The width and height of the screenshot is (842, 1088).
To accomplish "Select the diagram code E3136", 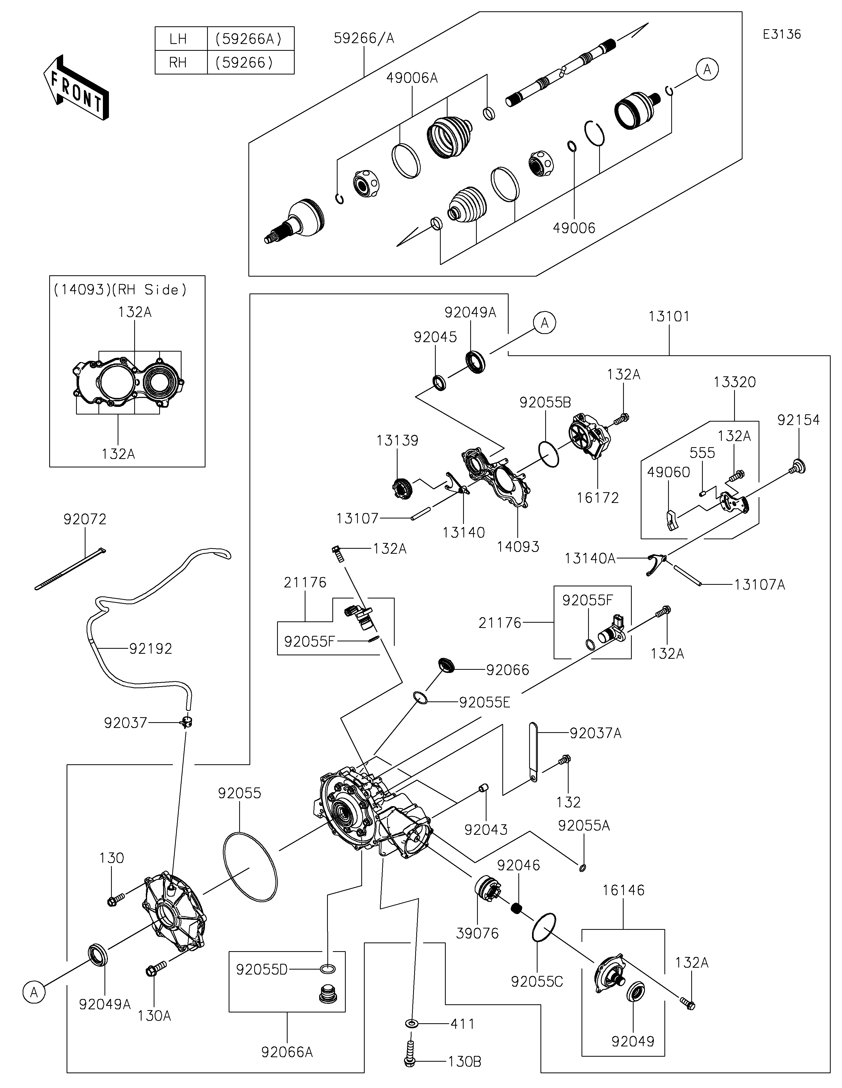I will pyautogui.click(x=782, y=34).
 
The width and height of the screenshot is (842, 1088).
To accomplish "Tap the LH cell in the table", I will pyautogui.click(x=178, y=39).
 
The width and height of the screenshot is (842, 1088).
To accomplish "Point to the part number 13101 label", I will pyautogui.click(x=669, y=316).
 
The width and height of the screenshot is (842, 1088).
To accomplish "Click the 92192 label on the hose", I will pyautogui.click(x=150, y=648).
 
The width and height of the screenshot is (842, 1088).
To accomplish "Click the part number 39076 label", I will pyautogui.click(x=477, y=933).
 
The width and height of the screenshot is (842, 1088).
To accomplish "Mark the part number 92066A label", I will pyautogui.click(x=287, y=1052).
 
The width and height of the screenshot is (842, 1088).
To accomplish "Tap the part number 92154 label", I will pyautogui.click(x=798, y=420).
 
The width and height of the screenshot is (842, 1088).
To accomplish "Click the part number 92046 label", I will pyautogui.click(x=518, y=865).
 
